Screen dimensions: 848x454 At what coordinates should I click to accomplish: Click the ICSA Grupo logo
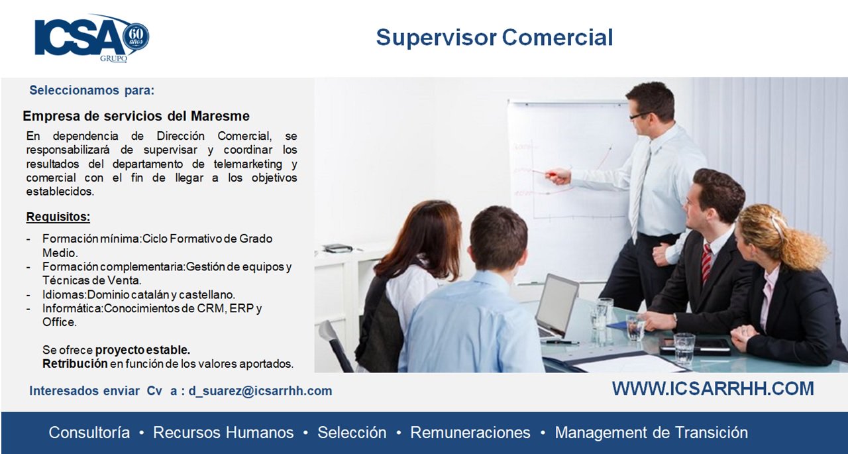tap(91, 38)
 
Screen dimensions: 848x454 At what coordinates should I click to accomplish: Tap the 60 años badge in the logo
tap(136, 36)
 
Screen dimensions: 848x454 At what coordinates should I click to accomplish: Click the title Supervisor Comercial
tap(494, 38)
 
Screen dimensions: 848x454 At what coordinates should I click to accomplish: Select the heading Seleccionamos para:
tap(92, 91)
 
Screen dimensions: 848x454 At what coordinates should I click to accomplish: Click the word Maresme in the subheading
tap(220, 116)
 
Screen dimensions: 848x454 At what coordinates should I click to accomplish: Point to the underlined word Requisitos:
tap(58, 217)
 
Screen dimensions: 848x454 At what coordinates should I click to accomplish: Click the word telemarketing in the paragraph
tap(248, 164)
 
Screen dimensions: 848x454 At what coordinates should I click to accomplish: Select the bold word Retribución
tap(75, 364)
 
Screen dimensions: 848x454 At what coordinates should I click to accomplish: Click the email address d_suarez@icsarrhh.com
tap(260, 391)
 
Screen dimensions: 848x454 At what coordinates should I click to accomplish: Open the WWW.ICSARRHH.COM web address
tap(713, 389)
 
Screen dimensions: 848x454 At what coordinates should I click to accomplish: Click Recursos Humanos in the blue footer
tap(223, 432)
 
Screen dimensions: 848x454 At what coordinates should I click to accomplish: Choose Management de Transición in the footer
tap(651, 432)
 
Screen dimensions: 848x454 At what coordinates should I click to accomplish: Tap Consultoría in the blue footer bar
tap(89, 432)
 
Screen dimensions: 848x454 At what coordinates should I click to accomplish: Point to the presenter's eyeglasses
tap(641, 115)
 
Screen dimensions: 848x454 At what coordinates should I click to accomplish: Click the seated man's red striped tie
tap(706, 263)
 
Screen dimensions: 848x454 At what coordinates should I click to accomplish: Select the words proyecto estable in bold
tap(142, 350)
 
